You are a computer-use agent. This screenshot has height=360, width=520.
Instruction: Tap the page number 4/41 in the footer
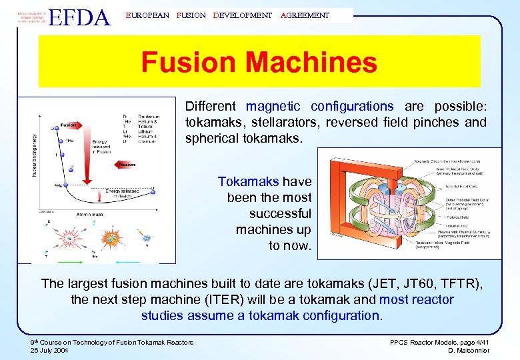[x=479, y=342]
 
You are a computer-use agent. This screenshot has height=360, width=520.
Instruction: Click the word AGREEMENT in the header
[x=305, y=15]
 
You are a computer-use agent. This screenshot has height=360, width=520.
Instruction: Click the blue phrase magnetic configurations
[x=319, y=106]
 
